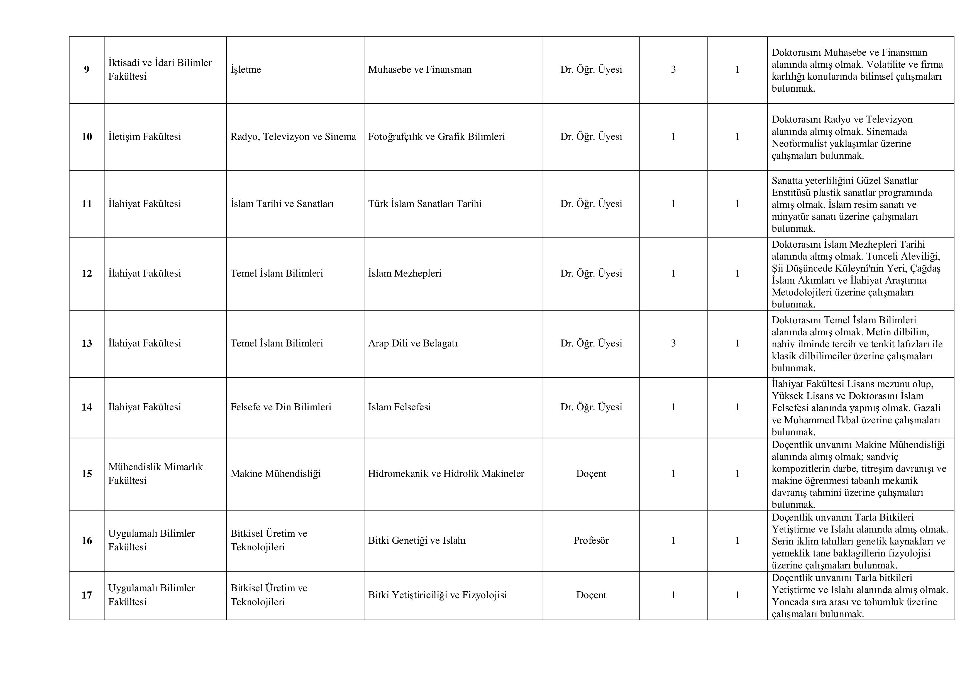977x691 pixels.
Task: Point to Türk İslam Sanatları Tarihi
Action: [425, 204]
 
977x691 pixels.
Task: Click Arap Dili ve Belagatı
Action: [413, 343]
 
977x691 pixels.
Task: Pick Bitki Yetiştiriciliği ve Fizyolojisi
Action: [438, 595]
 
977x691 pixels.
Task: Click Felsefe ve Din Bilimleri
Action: [281, 407]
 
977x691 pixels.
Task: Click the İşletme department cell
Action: [246, 70]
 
